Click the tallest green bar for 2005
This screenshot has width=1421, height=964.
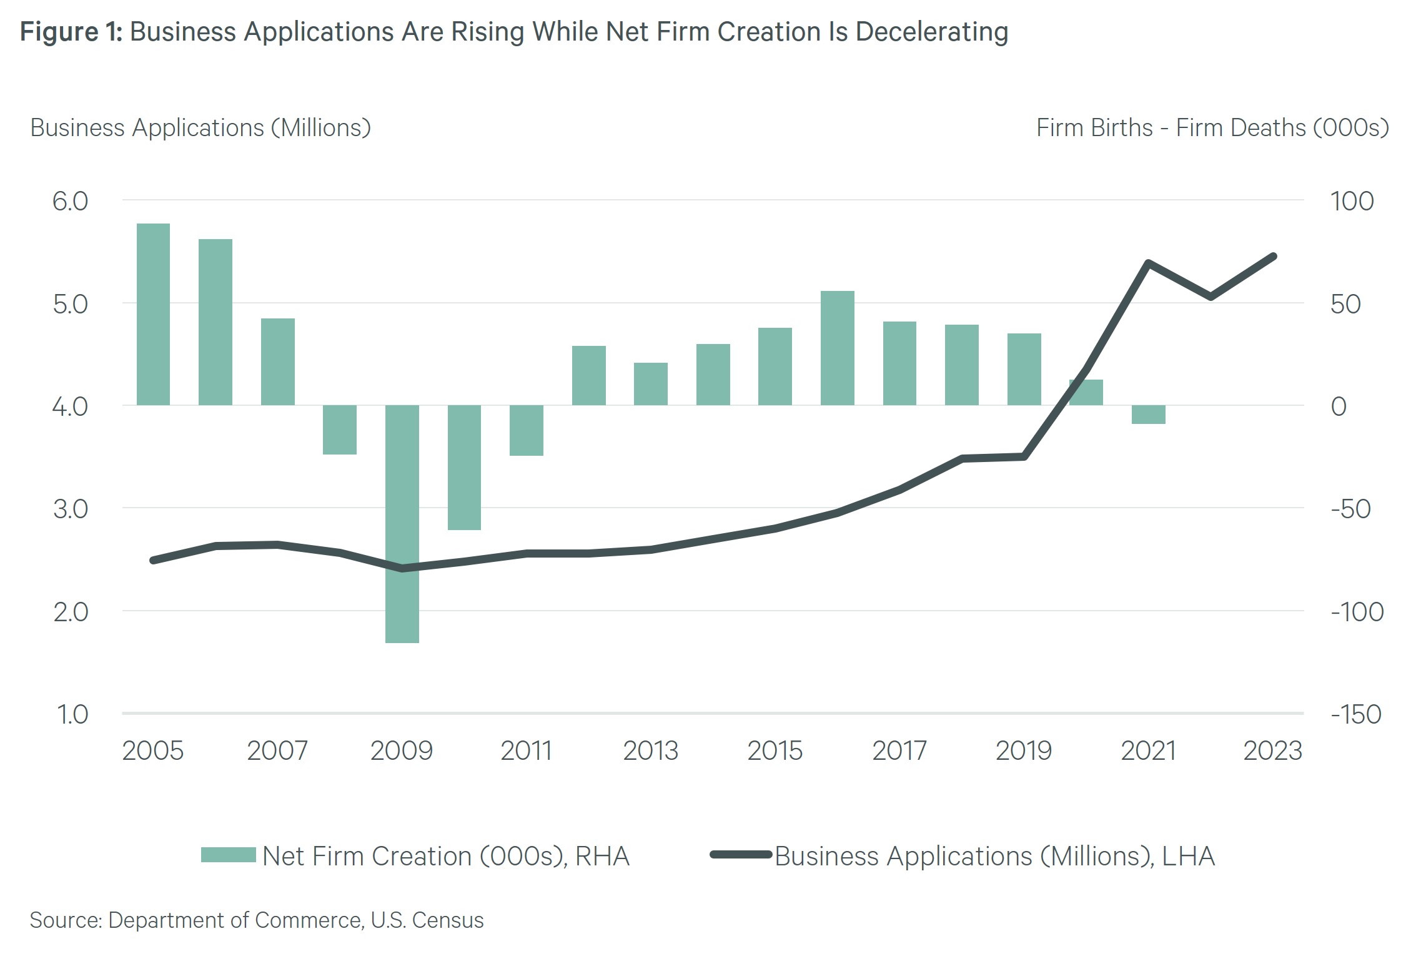[x=153, y=314]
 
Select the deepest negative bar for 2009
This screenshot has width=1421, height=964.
[x=402, y=524]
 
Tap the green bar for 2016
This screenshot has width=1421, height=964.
[x=837, y=348]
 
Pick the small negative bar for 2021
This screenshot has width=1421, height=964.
[x=1148, y=415]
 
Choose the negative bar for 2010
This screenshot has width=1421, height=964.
[x=464, y=467]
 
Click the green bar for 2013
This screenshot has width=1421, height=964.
[x=650, y=383]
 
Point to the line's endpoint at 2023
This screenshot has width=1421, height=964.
[x=1273, y=257]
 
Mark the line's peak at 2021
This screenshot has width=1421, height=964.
[x=1148, y=263]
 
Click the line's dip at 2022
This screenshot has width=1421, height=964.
[x=1211, y=297]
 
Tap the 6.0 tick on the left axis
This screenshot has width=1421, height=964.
[x=70, y=201]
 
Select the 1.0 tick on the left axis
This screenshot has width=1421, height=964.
[x=72, y=714]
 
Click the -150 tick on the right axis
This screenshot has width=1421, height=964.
[x=1355, y=714]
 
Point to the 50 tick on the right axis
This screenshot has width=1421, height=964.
[x=1345, y=304]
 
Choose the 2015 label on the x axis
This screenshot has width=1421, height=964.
[x=775, y=750]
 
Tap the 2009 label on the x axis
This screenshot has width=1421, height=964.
[x=402, y=750]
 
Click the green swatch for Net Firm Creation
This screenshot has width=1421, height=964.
[x=228, y=855]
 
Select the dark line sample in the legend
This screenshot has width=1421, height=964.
[x=741, y=855]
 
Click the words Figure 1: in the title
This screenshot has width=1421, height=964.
[x=71, y=32]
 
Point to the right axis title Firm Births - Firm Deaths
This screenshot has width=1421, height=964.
[x=1212, y=128]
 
